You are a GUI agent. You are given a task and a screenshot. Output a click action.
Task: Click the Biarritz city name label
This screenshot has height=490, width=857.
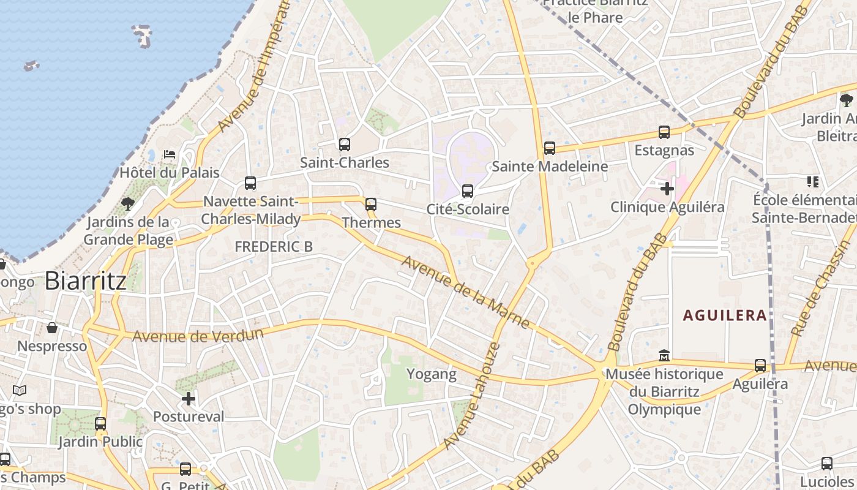coord(86,281)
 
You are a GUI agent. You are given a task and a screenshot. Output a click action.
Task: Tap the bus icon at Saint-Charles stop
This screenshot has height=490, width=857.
coord(345,145)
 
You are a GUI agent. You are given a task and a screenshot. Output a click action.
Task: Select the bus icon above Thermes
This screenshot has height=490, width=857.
coord(371,205)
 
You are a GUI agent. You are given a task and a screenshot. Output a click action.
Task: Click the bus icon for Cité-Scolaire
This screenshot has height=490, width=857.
coord(468,191)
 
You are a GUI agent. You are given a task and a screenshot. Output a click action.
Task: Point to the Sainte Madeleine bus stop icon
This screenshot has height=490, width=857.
coord(550,148)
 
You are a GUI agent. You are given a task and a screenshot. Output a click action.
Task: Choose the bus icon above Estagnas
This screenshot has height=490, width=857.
coord(664,132)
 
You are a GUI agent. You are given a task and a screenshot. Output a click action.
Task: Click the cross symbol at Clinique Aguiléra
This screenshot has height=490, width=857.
coord(667,189)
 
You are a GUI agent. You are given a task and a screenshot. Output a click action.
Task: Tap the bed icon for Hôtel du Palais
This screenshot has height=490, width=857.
coord(170,154)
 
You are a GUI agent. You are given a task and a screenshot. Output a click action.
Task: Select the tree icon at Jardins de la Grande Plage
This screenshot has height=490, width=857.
coord(128,203)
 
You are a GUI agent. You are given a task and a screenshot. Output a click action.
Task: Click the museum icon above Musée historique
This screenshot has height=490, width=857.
coord(664,355)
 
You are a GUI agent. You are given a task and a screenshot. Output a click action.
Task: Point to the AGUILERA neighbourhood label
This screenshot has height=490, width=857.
coord(725,315)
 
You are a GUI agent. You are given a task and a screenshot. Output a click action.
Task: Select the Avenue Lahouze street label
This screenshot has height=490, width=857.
coord(472,396)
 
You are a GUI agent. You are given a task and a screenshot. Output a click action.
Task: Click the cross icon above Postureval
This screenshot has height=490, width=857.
coord(189,399)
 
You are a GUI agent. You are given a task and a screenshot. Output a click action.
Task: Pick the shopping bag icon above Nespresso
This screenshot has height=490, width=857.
coord(52,328)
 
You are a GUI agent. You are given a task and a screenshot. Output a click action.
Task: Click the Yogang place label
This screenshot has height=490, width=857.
coord(432,374)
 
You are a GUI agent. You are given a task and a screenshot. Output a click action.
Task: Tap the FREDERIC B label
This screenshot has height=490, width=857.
coord(274,246)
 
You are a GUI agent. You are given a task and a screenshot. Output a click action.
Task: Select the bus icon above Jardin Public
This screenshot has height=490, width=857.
coord(100,423)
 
